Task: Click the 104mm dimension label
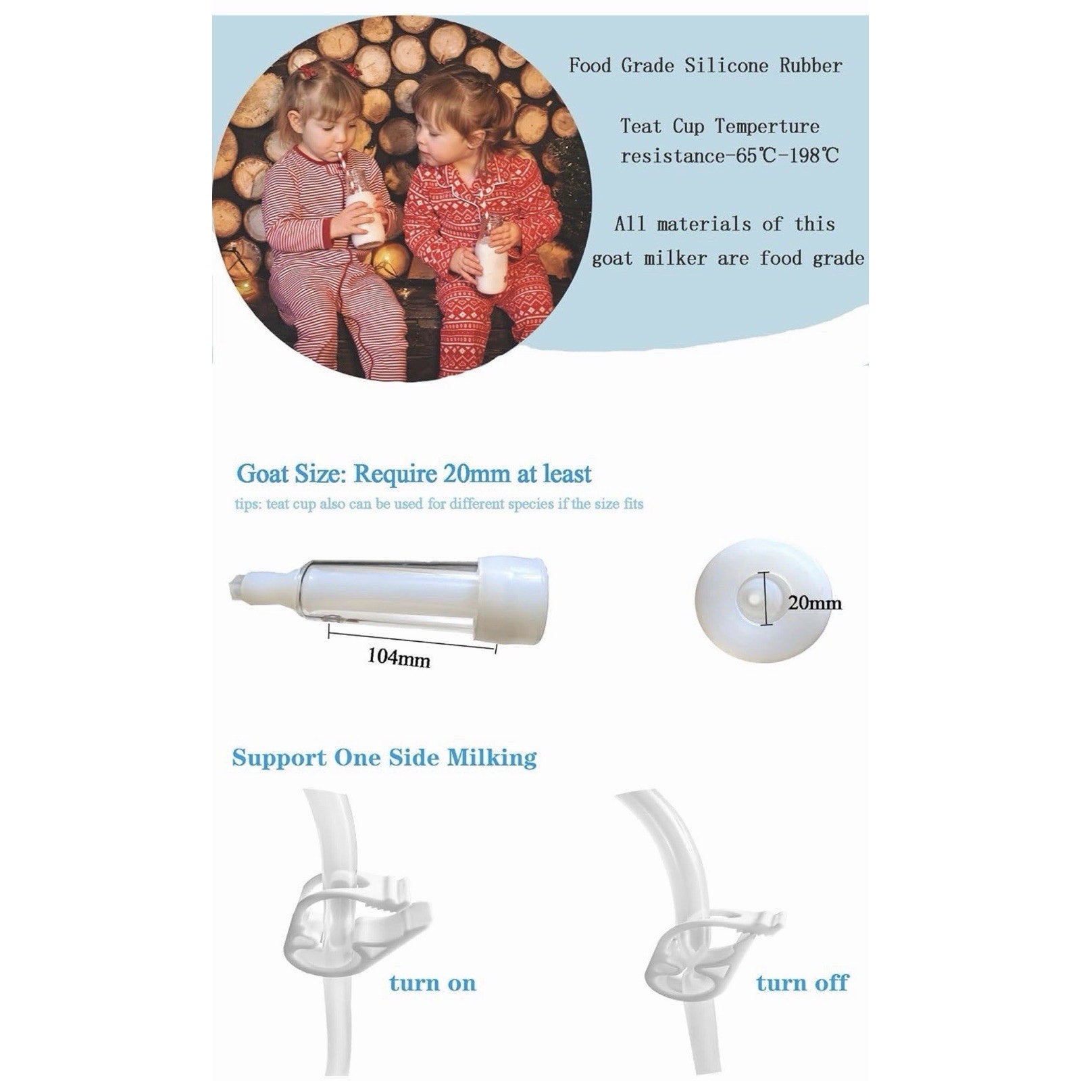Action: click(x=399, y=657)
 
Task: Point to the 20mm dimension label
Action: click(x=815, y=602)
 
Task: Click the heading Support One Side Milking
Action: click(x=384, y=757)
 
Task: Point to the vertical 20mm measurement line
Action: click(x=765, y=599)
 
